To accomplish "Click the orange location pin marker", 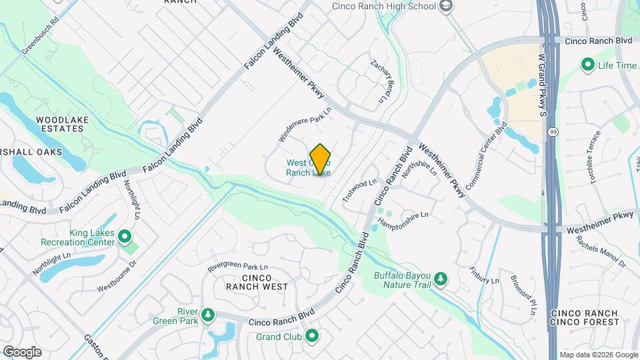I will coord(321,159).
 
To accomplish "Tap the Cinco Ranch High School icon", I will coord(446,7).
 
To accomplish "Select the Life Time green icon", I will coord(588,65).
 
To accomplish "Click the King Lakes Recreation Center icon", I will coord(124,235).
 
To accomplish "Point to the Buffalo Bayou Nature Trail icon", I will coord(440,277).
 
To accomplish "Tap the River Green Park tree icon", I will coord(209,313).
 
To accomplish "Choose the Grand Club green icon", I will coord(311,336).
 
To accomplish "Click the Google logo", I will coord(22,351).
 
